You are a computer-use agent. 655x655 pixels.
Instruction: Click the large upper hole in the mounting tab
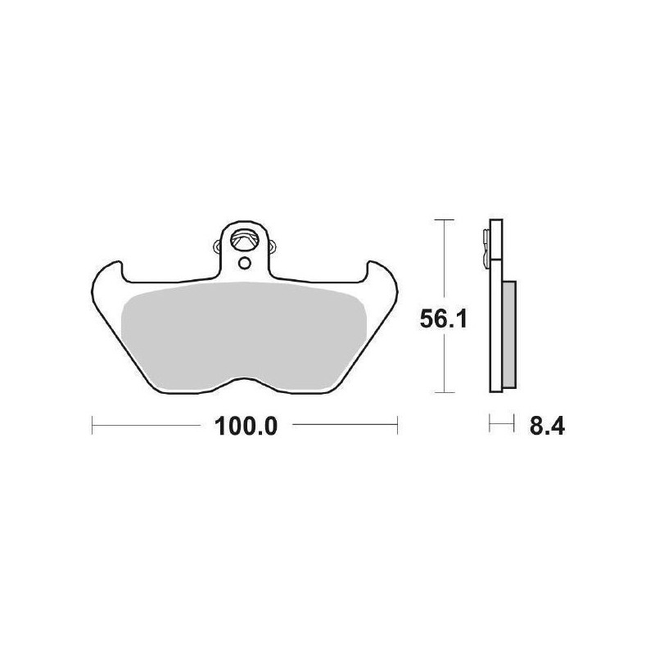[x=244, y=241]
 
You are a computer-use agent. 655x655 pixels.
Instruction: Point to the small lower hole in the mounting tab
[x=244, y=264]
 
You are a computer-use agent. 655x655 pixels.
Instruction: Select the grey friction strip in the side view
[x=508, y=334]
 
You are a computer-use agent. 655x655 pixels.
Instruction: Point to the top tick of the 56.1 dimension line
[x=443, y=221]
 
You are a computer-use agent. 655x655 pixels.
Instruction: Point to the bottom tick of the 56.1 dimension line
[x=443, y=393]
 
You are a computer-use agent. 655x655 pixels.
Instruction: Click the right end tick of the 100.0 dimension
[x=397, y=425]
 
